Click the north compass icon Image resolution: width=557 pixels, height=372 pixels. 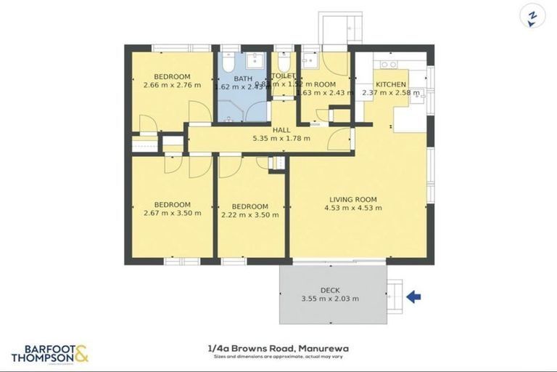(532, 16)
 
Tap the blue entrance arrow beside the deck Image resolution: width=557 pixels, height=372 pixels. (413, 296)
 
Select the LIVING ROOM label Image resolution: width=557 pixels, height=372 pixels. (353, 199)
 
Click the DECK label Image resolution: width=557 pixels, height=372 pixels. (330, 290)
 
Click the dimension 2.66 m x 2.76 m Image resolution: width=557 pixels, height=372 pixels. (172, 86)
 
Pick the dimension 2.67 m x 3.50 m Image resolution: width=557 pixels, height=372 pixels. (172, 213)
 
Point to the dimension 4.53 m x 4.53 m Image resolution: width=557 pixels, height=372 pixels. (353, 208)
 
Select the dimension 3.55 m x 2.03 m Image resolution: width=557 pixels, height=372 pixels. (330, 299)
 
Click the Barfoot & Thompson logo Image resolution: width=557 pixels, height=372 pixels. (49, 353)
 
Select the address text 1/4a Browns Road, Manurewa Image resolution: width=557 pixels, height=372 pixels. (278, 348)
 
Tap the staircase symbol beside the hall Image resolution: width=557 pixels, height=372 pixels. (277, 163)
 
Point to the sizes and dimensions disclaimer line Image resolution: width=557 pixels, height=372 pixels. (278, 357)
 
